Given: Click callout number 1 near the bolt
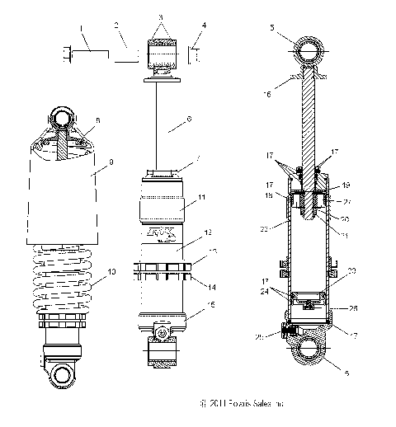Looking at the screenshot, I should [x=82, y=29].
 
